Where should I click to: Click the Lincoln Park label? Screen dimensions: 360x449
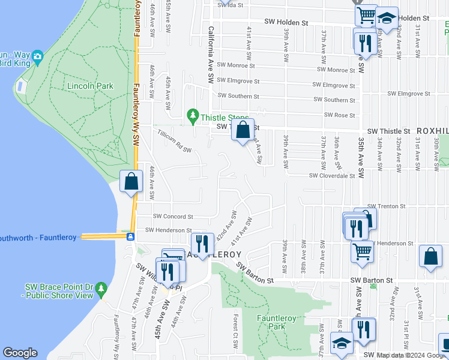(90, 86)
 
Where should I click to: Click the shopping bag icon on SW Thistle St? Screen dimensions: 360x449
(243, 130)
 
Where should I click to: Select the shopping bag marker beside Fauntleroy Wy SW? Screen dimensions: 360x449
(131, 181)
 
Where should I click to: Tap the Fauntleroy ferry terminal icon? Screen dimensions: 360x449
(130, 236)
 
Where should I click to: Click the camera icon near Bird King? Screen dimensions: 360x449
(38, 57)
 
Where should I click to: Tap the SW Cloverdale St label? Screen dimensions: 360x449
(332, 176)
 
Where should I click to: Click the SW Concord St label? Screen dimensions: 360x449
(173, 216)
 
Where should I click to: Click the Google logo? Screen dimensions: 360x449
(20, 353)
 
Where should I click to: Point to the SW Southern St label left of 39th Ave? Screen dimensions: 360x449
(238, 95)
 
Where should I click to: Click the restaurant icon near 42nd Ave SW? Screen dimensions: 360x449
(202, 244)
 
